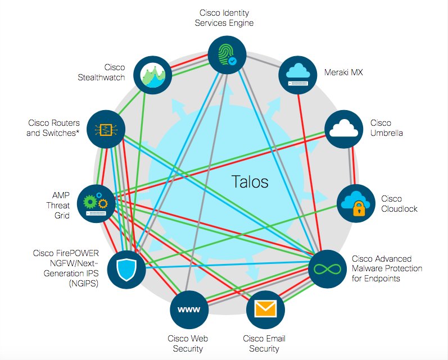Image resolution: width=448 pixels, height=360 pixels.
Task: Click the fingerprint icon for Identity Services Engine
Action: point(224,54)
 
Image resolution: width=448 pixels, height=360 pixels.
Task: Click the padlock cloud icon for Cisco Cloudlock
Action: point(355,203)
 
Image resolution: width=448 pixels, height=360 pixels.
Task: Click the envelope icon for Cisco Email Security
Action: point(265,309)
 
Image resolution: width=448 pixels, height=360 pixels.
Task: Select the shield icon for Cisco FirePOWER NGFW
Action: point(126,270)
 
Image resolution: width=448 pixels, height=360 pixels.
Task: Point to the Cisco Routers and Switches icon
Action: point(106,129)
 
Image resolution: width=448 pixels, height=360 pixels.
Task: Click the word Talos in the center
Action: point(250,182)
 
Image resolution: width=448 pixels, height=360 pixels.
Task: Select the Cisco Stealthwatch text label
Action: point(101,72)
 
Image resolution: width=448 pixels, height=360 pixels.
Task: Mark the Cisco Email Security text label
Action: point(264,344)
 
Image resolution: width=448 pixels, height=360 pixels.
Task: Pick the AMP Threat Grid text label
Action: point(58,204)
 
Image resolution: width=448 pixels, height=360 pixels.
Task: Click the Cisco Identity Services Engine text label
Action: point(224,17)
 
